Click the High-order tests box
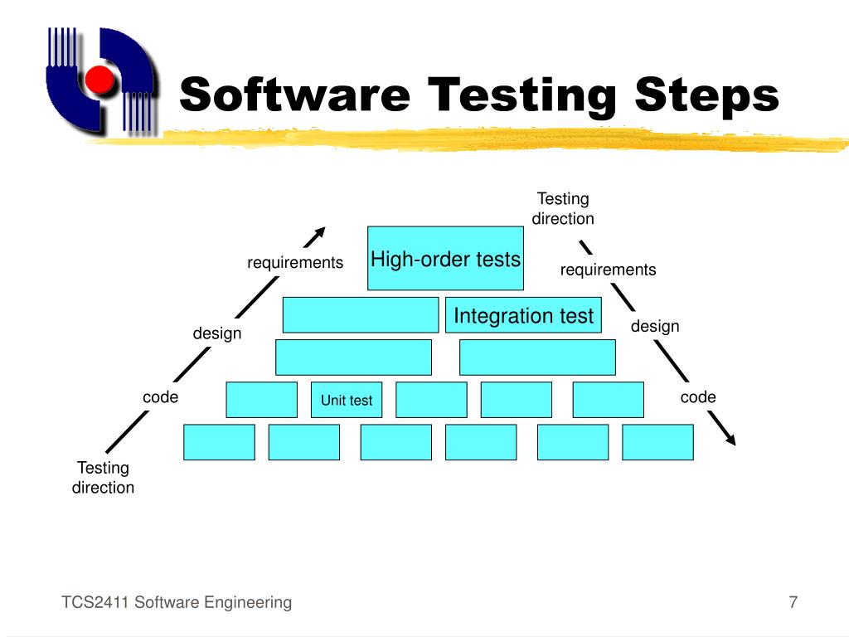[445, 258]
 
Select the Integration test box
[523, 315]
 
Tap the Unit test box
[347, 400]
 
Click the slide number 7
[793, 603]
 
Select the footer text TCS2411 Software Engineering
[177, 603]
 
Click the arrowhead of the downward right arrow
[729, 438]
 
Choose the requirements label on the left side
[295, 263]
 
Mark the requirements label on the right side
[608, 270]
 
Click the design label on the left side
[217, 333]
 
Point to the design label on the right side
[655, 326]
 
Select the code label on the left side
[161, 397]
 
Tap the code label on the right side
[698, 397]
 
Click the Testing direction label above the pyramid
[563, 209]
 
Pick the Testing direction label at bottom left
[103, 478]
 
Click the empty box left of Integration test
[361, 315]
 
